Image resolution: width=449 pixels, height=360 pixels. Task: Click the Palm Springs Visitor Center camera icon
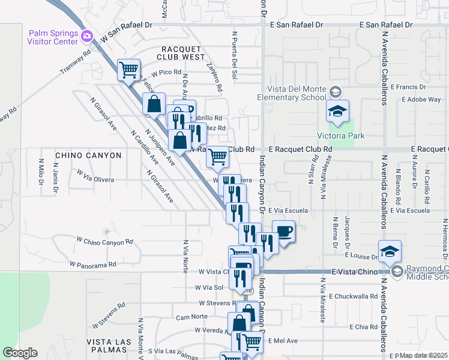(x=88, y=37)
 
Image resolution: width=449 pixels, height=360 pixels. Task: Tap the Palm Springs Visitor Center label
(x=53, y=37)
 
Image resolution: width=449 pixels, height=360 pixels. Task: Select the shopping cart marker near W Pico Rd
(x=129, y=70)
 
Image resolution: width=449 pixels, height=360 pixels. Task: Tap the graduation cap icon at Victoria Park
(x=338, y=111)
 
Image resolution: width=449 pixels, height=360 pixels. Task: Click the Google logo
(x=20, y=353)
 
